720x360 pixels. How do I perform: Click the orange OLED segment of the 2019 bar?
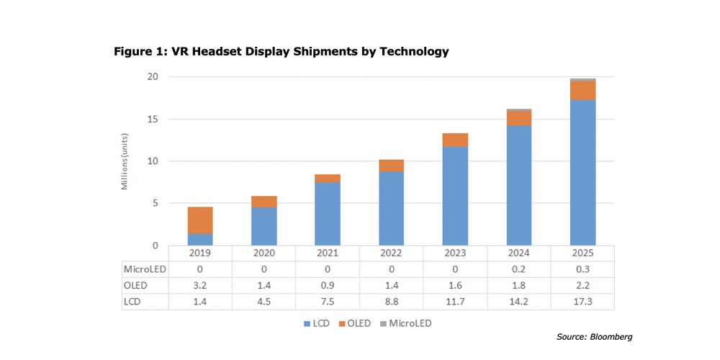tap(199, 220)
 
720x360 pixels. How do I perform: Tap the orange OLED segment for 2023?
tap(454, 140)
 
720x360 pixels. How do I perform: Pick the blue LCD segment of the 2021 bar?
tap(327, 214)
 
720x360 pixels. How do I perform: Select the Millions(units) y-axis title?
tap(125, 161)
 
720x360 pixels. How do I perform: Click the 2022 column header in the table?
tap(391, 253)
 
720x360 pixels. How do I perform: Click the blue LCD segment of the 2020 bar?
tap(264, 226)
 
